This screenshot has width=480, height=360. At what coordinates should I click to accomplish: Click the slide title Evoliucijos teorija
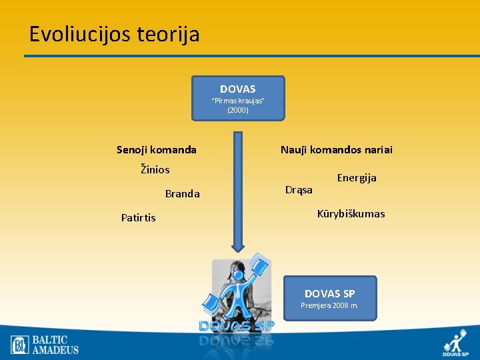(114, 34)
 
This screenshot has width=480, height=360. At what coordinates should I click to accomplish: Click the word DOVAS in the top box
(238, 89)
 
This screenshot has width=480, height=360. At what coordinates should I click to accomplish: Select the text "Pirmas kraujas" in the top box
(238, 101)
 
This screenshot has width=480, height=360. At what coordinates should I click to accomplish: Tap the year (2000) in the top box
(238, 110)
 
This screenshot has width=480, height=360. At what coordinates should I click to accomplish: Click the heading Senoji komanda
(157, 150)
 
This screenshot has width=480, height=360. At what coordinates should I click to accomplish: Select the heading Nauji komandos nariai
(336, 150)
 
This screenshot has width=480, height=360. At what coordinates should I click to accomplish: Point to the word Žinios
(155, 169)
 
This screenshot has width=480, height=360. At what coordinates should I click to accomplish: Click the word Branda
(182, 194)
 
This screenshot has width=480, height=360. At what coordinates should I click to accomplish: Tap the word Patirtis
(139, 218)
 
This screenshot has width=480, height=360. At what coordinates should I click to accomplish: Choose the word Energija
(357, 178)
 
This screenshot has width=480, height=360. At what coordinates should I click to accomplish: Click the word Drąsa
(299, 190)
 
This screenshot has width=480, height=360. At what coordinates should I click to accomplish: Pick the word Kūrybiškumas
(351, 214)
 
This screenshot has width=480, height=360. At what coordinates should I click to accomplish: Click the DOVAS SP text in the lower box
(329, 293)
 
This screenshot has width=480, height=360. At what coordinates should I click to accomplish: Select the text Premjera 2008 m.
(329, 305)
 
